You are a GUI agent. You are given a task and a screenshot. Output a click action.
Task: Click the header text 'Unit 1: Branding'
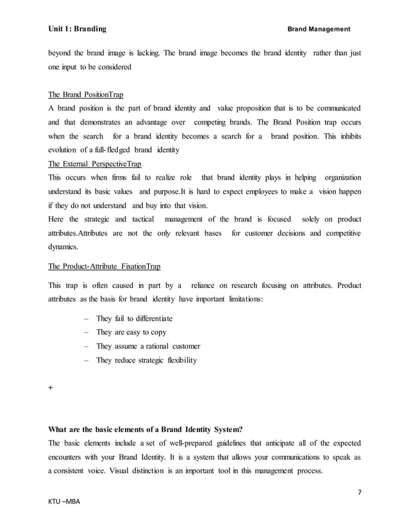pos(78,29)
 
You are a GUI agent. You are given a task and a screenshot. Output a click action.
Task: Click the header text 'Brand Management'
pos(319,30)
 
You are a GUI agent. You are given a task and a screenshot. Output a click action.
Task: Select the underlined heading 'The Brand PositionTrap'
pos(87,95)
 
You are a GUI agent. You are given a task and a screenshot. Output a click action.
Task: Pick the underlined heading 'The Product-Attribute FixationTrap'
pos(104,266)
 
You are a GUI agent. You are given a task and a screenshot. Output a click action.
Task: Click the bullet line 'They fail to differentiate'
pos(134,318)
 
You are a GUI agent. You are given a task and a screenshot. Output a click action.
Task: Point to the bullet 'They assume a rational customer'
pos(148,346)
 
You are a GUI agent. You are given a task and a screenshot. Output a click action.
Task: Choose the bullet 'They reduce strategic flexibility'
pos(146,361)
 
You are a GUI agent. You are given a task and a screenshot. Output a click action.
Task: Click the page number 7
pos(358,492)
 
